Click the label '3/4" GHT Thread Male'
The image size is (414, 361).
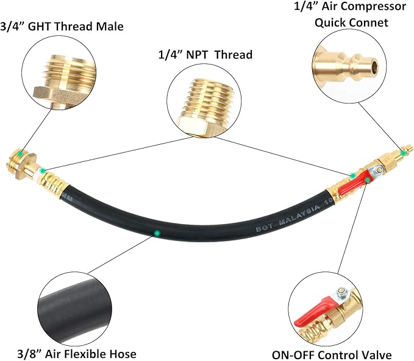point(63,26)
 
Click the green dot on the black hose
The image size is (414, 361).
point(157,233)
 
